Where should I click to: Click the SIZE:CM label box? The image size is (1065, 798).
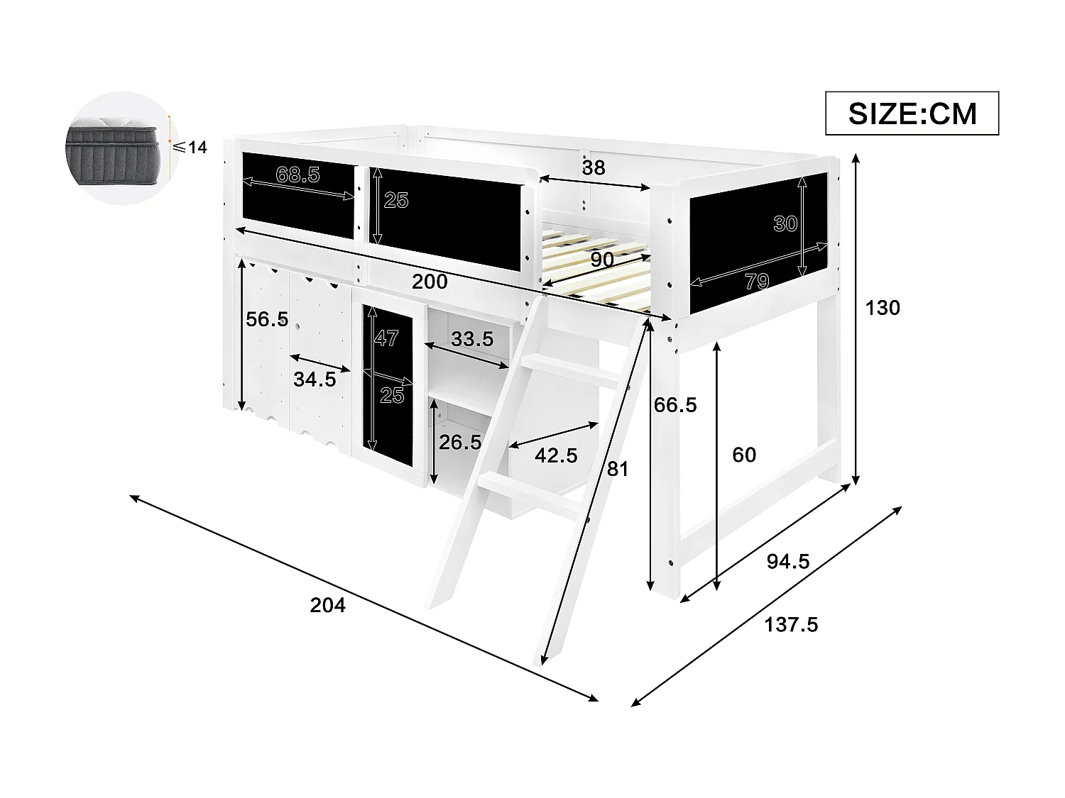click(912, 113)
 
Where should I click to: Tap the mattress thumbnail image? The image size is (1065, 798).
click(119, 147)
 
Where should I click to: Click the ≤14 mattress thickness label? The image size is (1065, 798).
click(190, 148)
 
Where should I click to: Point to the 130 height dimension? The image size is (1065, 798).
click(883, 308)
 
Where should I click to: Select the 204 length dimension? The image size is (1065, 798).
click(328, 605)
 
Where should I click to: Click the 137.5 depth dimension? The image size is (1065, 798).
click(791, 625)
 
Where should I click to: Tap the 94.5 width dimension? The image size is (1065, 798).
click(788, 562)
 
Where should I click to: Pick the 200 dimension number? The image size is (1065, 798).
click(430, 282)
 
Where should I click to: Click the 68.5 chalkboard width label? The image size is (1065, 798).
click(298, 174)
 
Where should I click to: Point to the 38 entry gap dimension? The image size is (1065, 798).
click(594, 167)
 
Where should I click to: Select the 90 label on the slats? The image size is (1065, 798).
click(602, 260)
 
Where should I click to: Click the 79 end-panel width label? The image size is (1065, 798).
click(757, 282)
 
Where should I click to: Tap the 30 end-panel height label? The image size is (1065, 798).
click(785, 224)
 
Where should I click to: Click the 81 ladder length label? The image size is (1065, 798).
click(618, 469)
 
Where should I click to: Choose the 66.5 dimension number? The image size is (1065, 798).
click(675, 406)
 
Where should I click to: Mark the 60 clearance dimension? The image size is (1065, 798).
click(744, 455)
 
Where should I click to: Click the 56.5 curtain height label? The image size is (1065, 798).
click(267, 319)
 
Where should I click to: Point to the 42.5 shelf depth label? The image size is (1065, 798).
click(555, 455)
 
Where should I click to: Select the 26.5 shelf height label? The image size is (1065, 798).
click(460, 443)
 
